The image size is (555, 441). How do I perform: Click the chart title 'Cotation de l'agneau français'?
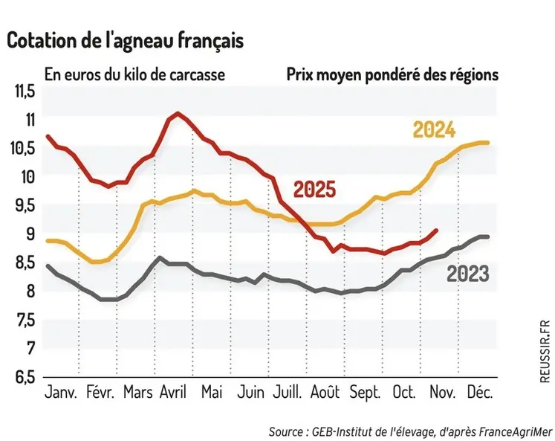point(126,42)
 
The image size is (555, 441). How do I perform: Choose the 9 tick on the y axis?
point(30,234)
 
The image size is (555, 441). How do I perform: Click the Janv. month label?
point(62,391)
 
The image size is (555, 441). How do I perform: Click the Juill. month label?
point(288,391)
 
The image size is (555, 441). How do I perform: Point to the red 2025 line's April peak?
point(178,113)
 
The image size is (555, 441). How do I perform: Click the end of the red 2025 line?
point(436,231)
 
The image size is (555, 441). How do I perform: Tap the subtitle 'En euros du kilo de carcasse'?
point(134,75)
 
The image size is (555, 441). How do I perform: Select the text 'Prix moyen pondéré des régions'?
point(392,75)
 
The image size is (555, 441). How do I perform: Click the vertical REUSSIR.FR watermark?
point(544,350)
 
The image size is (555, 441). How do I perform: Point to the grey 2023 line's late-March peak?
point(159,258)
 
